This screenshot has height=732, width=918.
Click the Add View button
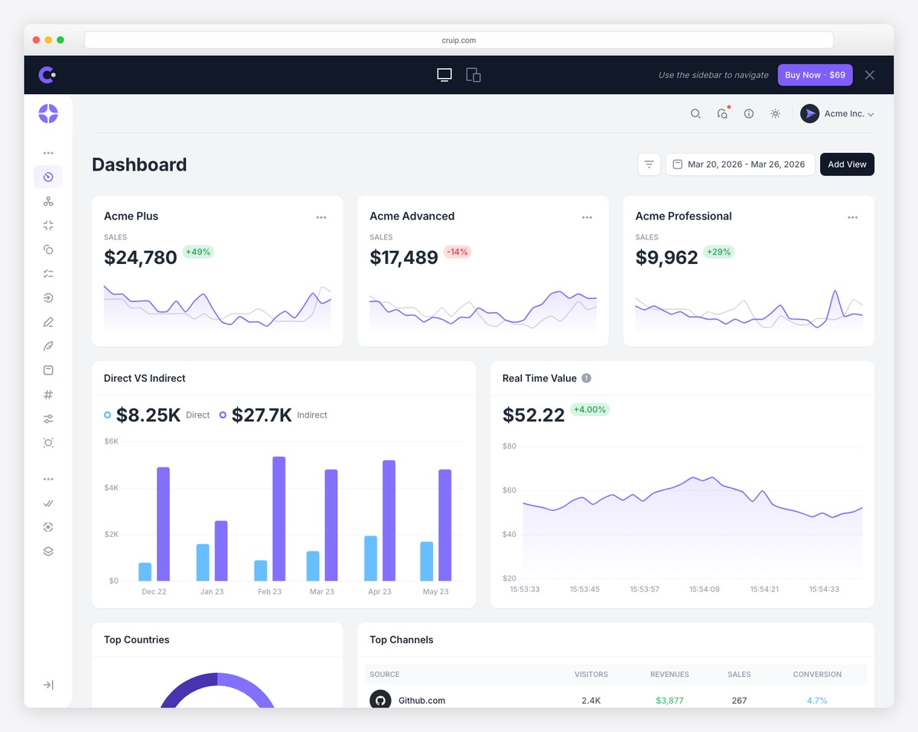(847, 164)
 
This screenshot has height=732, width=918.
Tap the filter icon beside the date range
(649, 164)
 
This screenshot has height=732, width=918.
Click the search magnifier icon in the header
(695, 114)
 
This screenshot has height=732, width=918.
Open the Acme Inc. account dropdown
(837, 114)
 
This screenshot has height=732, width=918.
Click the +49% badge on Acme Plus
(198, 252)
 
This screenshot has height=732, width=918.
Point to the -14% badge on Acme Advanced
(457, 252)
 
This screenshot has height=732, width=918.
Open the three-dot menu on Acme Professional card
(852, 217)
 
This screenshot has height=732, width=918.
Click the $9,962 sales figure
(666, 258)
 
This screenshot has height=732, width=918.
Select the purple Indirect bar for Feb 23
(279, 518)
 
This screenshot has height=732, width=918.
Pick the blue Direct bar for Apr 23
(370, 558)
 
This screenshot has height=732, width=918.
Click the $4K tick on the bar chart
(111, 487)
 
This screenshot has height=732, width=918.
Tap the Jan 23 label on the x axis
(212, 592)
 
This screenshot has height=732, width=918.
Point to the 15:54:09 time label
(704, 590)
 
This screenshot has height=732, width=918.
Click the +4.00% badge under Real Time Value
(589, 409)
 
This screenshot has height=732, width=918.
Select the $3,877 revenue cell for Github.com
(669, 701)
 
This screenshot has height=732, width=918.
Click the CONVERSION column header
(817, 675)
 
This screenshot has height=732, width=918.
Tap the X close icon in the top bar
(869, 75)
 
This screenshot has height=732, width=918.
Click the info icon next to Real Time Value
(586, 378)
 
